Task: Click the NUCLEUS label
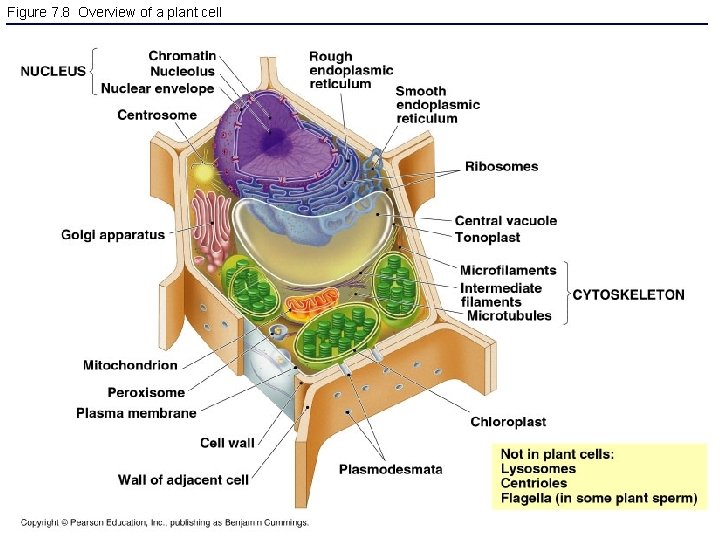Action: (x=53, y=71)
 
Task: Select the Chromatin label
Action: (x=182, y=55)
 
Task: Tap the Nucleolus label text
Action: (x=182, y=71)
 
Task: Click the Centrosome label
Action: (x=157, y=115)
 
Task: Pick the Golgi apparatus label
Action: (x=113, y=235)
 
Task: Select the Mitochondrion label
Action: (x=130, y=366)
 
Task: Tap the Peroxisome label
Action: (x=146, y=392)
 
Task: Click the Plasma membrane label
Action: (x=136, y=412)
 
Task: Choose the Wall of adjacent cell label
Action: (x=183, y=480)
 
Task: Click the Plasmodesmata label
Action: (x=390, y=469)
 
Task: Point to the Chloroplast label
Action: (x=508, y=422)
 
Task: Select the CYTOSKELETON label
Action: (x=628, y=295)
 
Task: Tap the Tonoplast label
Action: (x=487, y=237)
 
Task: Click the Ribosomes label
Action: (x=501, y=166)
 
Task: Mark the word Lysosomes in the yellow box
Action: (x=538, y=469)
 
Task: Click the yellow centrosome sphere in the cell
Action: (x=204, y=173)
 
